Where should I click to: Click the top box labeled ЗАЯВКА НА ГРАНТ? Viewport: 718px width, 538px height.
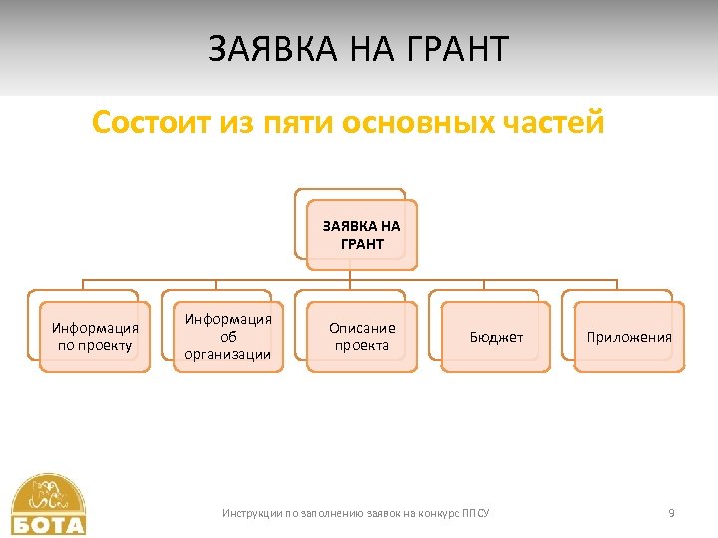point(361,235)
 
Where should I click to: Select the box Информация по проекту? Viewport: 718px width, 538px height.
point(95,337)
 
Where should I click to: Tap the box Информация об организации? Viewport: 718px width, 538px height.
point(228,337)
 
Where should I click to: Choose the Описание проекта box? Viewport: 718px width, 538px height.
point(362,337)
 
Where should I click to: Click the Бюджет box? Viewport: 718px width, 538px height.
point(496,337)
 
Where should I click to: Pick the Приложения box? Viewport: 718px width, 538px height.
point(629,337)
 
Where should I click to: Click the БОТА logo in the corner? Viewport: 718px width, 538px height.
point(49,505)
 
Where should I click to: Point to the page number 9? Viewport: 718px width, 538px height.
point(671,513)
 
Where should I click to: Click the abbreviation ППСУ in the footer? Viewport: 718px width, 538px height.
point(477,513)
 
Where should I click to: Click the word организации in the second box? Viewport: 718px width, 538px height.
point(228,354)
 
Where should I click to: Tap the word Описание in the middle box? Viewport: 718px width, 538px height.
point(362,328)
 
